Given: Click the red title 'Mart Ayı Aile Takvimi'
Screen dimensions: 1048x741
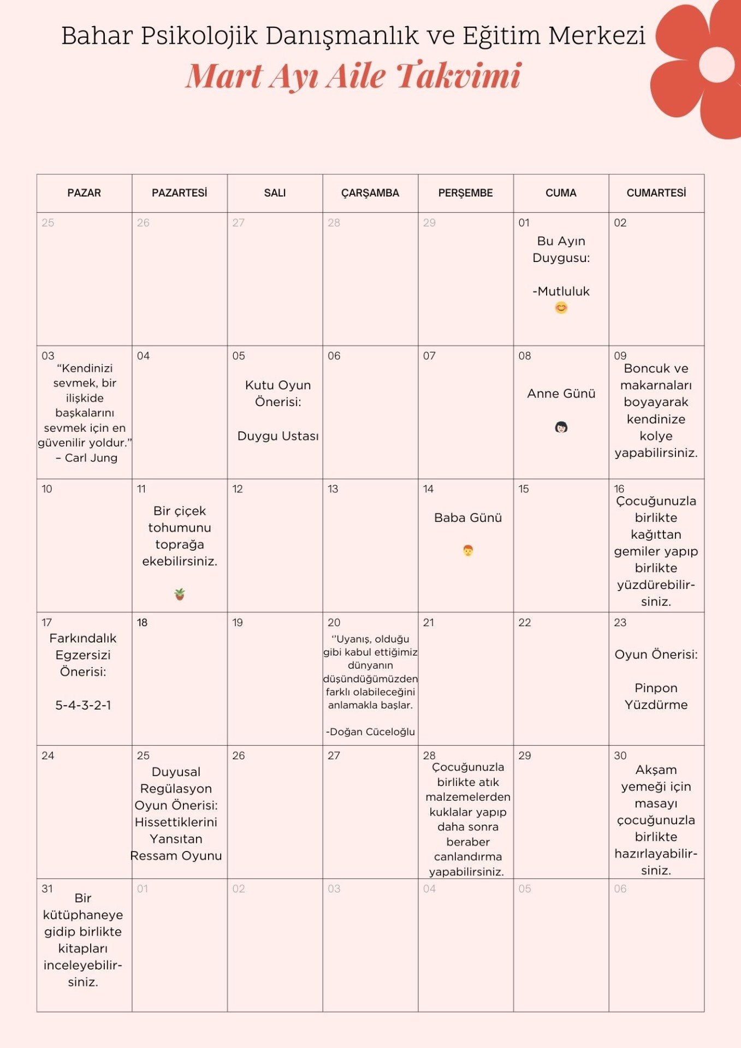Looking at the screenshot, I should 353,75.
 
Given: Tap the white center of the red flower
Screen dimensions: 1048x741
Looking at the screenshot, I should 716,64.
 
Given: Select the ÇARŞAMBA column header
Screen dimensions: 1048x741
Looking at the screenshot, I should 370,193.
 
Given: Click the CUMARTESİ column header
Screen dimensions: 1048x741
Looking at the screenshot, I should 656,193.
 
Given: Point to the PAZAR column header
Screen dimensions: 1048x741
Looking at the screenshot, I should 84,193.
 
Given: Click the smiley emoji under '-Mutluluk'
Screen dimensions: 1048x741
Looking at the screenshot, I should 561,308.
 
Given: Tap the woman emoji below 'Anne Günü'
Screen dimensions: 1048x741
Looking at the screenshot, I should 561,427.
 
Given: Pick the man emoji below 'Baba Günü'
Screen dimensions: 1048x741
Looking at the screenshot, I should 468,550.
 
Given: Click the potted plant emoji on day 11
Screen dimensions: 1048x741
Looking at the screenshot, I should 179,594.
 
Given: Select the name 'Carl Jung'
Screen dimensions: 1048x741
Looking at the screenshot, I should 91,458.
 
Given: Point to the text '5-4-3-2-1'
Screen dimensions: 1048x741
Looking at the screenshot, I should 83,705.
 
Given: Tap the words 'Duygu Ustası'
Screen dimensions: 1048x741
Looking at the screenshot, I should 278,436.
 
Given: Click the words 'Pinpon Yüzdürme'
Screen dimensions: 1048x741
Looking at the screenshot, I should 656,696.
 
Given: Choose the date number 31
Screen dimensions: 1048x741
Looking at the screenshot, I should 48,889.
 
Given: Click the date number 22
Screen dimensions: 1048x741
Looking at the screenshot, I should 524,622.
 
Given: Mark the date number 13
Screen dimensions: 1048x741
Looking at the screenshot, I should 333,489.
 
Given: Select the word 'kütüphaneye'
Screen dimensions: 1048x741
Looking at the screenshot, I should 83,915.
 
